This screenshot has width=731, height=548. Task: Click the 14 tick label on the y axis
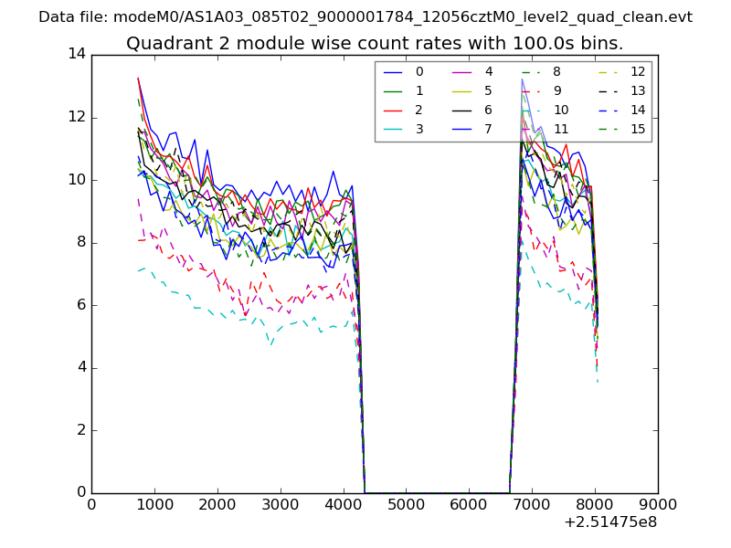tap(76, 54)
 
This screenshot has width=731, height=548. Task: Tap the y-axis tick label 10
tap(76, 180)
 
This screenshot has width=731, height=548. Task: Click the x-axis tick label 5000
tap(406, 503)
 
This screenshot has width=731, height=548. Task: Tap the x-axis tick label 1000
tap(154, 503)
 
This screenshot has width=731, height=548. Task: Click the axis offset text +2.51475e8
tap(610, 522)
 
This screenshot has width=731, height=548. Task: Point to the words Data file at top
tap(72, 17)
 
